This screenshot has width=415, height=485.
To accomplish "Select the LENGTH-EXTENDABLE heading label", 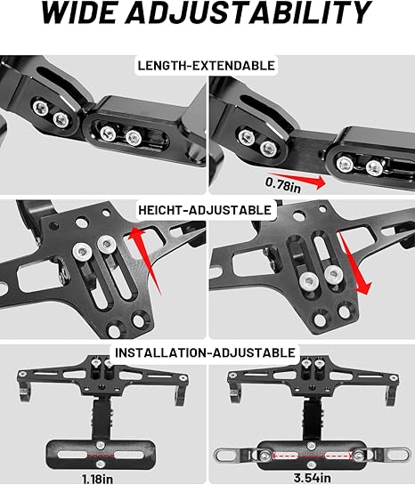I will pos(207,65).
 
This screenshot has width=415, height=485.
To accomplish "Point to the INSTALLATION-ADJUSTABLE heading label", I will pos(206,352).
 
